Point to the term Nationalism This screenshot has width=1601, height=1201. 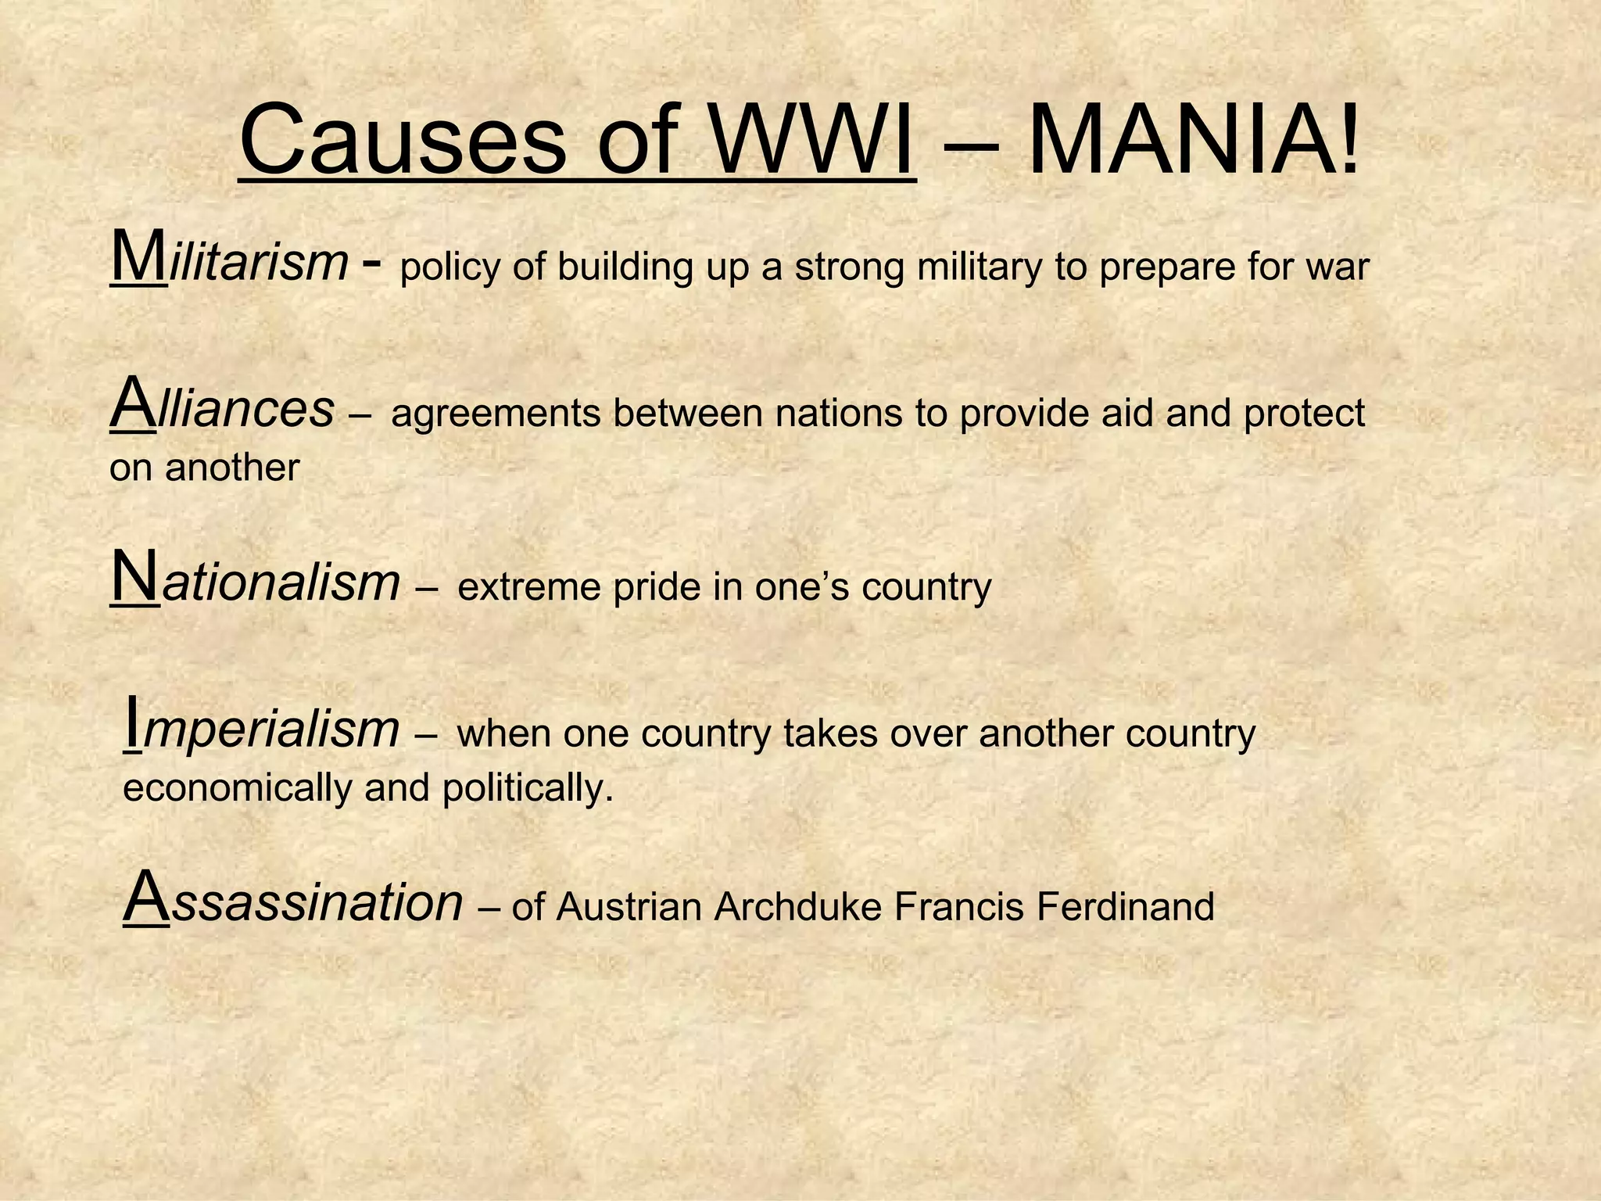255,582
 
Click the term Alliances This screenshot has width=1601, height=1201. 222,407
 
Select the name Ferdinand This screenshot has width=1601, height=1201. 1125,907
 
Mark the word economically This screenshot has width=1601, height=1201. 238,788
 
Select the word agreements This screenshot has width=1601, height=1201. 496,414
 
